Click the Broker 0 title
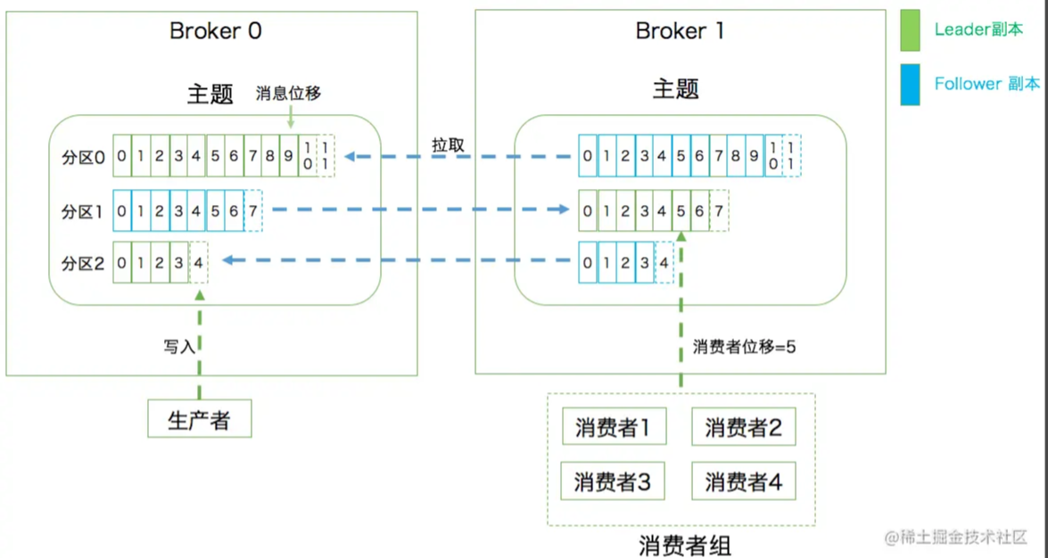pos(216,31)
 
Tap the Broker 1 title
pos(680,31)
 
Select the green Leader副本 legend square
pos(910,30)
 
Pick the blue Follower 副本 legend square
pos(910,85)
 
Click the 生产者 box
pos(199,419)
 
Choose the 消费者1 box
pos(614,428)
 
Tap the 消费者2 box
pos(743,428)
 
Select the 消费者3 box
pos(614,482)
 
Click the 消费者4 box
pos(743,482)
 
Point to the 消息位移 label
pos(288,94)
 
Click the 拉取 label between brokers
pos(448,145)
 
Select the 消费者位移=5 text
pos(744,348)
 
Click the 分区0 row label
pos(83,157)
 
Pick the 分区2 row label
pos(83,263)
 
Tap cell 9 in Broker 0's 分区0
pos(288,157)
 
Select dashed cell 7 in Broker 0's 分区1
pos(253,210)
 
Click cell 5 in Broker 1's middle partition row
pos(681,211)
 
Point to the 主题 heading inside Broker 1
pos(675,89)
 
